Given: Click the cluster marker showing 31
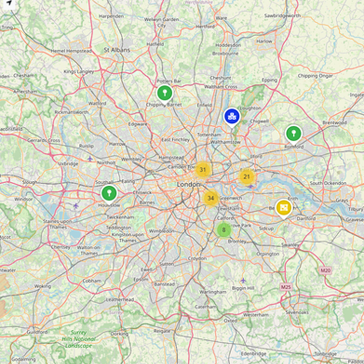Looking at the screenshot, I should click(202, 170).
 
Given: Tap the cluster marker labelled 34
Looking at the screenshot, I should click(211, 199).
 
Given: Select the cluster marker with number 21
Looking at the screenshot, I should click(247, 177).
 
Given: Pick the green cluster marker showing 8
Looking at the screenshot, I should click(224, 230).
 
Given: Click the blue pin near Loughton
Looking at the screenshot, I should click(231, 117).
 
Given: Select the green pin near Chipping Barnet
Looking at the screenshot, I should click(164, 93).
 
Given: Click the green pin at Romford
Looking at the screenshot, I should click(293, 133).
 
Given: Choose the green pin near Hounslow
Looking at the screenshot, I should click(108, 193).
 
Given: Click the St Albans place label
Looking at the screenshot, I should click(117, 50).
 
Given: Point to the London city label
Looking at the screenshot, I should click(188, 184).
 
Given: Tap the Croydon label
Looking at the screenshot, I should click(197, 259).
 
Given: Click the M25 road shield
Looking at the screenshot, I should click(285, 287).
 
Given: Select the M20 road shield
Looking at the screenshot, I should click(325, 270).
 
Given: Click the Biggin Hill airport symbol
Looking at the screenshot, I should click(243, 280).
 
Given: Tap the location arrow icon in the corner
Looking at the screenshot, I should click(9, 3).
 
